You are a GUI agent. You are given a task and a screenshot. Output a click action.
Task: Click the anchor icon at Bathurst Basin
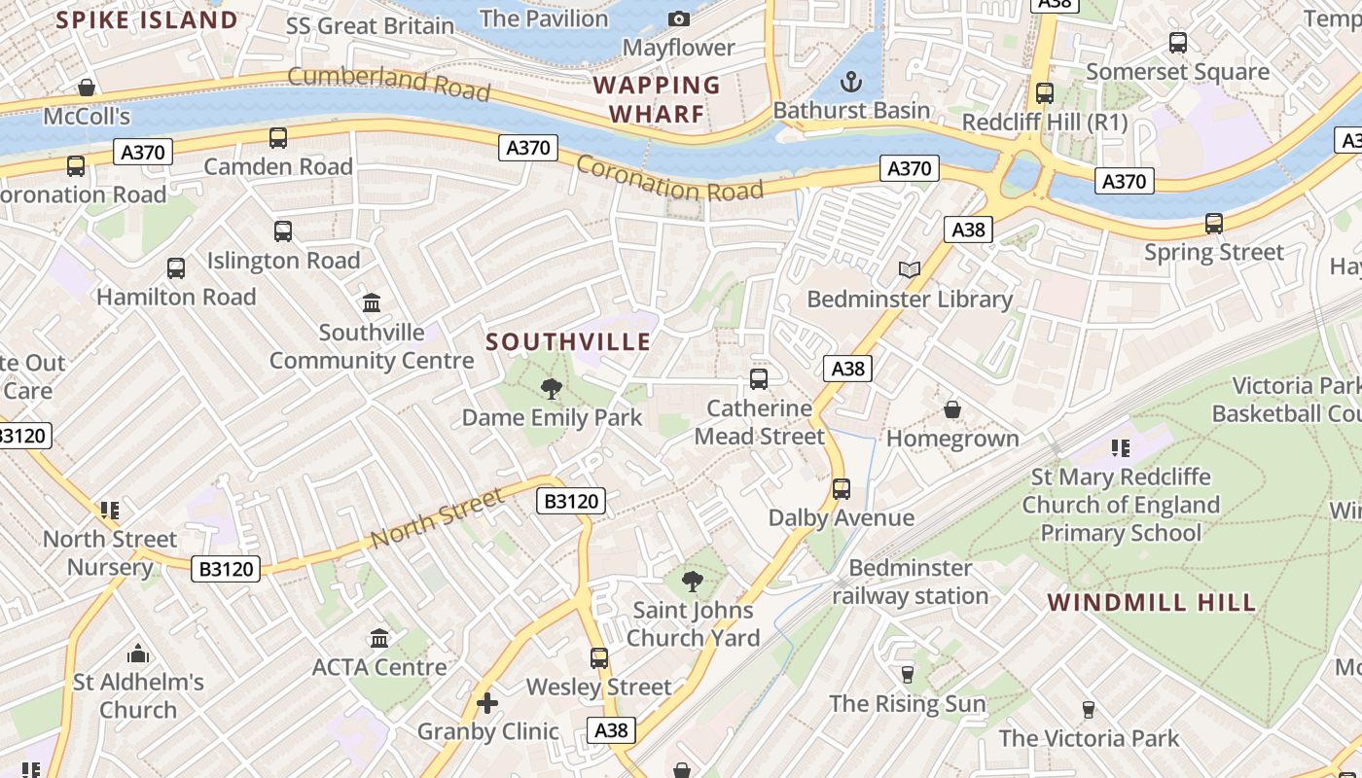point(851,81)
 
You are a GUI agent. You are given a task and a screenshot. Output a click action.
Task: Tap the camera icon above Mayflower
point(679,18)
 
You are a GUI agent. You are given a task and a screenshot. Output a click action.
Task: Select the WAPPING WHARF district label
point(657,99)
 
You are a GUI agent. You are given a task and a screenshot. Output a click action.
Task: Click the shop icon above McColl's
point(87,88)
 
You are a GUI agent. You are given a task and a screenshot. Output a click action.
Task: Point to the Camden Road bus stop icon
point(278,138)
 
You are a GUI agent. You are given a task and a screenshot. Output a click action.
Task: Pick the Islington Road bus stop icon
point(283,231)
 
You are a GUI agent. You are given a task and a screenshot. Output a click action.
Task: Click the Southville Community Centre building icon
point(372,303)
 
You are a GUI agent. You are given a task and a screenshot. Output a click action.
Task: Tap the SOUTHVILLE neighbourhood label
point(568,342)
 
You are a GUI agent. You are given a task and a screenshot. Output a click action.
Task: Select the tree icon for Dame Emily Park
point(552,389)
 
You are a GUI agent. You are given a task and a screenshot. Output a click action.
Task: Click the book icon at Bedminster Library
point(910,269)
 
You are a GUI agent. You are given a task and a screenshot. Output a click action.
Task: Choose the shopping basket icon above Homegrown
point(952,409)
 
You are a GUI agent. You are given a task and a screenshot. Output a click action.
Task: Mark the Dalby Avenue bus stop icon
point(842,488)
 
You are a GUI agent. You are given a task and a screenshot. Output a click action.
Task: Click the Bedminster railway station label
point(910,582)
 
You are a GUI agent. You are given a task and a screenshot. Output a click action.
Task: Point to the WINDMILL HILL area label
point(1152,603)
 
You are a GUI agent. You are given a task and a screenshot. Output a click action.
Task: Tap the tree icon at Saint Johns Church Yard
point(693,582)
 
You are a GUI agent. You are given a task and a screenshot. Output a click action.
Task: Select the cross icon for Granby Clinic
point(487,702)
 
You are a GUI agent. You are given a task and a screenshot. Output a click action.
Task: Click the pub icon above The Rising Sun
point(908,674)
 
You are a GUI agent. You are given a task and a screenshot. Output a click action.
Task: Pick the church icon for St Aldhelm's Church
point(138,654)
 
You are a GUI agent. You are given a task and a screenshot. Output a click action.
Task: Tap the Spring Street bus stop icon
point(1214,224)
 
